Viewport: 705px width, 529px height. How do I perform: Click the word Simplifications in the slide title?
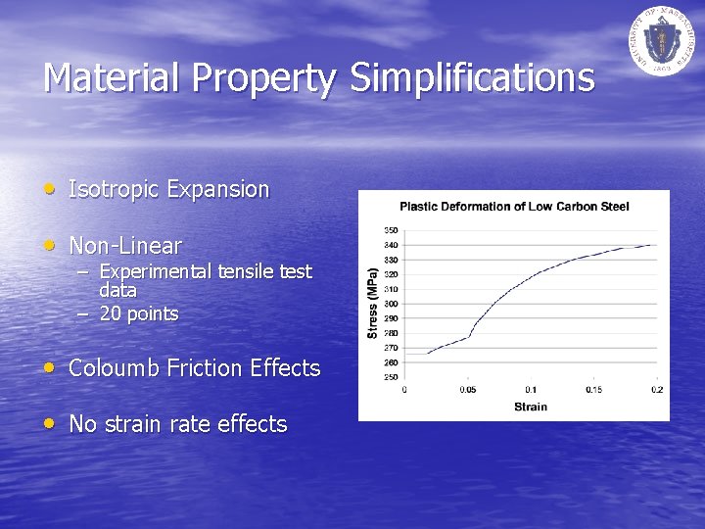473,77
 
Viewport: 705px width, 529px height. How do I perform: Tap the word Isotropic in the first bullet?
115,189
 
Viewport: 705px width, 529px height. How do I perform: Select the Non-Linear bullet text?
125,245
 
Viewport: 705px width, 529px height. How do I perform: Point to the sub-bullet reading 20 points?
139,313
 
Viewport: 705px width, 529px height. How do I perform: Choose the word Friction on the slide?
205,368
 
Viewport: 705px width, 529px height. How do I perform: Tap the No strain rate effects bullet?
177,424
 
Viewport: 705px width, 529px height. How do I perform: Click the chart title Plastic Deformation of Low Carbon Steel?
514,206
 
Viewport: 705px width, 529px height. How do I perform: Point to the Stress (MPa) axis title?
372,304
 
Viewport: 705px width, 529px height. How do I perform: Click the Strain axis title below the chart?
530,406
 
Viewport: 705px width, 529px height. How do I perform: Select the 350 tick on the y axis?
391,230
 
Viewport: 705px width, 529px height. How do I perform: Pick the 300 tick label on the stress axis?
391,304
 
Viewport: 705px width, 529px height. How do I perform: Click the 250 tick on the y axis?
391,377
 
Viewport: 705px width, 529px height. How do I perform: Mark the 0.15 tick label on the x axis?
594,390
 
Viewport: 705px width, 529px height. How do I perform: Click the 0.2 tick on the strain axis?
657,390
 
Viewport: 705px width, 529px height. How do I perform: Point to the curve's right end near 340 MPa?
655,245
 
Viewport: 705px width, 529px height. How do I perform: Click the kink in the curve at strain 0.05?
468,337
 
